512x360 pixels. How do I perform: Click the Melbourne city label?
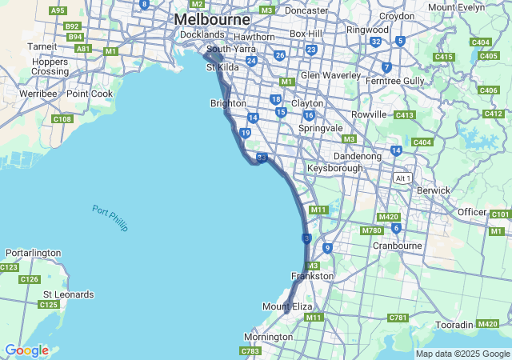pyautogui.click(x=212, y=18)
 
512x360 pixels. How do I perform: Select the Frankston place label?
pyautogui.click(x=312, y=276)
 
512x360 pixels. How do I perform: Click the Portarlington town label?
pyautogui.click(x=32, y=253)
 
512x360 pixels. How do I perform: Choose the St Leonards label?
pyautogui.click(x=68, y=294)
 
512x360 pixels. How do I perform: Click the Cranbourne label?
pyautogui.click(x=397, y=246)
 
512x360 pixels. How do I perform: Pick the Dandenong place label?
pyautogui.click(x=358, y=156)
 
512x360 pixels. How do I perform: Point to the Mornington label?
pyautogui.click(x=268, y=337)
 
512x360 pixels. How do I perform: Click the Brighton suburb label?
pyautogui.click(x=227, y=104)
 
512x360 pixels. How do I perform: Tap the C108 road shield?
pyautogui.click(x=62, y=119)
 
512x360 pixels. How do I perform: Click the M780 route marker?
pyautogui.click(x=371, y=230)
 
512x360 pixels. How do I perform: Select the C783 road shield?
pyautogui.click(x=250, y=351)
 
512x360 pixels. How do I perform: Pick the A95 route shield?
pyautogui.click(x=58, y=10)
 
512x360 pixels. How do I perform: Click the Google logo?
pyautogui.click(x=26, y=350)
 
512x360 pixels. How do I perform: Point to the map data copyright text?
pyautogui.click(x=462, y=354)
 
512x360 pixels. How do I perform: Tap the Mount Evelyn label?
pyautogui.click(x=457, y=7)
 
